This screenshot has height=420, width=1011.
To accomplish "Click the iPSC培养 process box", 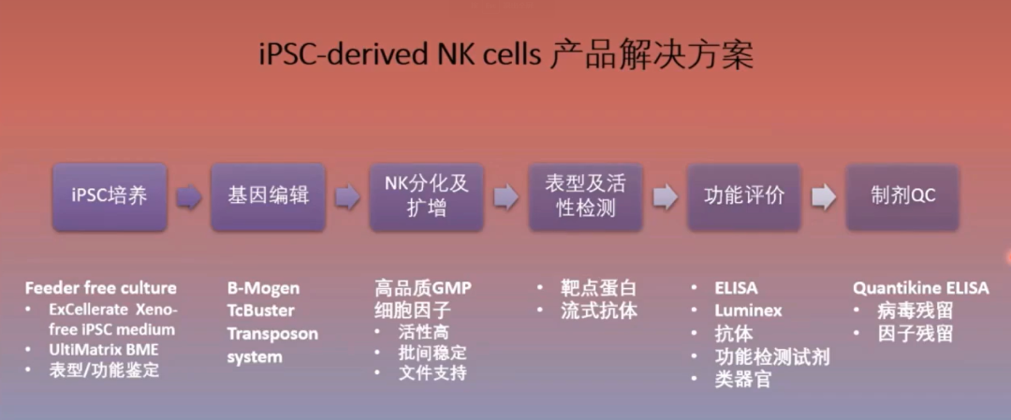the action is (x=110, y=196).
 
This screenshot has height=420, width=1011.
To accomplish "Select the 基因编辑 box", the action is (x=268, y=196).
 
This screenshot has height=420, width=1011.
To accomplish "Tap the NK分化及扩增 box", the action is (x=426, y=196).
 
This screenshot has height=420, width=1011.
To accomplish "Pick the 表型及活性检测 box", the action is (x=585, y=196).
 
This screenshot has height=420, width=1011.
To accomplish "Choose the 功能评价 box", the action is (x=744, y=196).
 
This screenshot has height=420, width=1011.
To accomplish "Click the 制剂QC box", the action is (x=902, y=196).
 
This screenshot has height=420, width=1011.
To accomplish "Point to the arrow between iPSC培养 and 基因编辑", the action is (x=189, y=197).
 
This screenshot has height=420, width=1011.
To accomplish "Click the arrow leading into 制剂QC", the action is (x=824, y=197).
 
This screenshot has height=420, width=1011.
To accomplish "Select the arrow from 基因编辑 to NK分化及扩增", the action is (x=347, y=197).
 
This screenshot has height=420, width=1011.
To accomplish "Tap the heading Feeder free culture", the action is (x=100, y=288).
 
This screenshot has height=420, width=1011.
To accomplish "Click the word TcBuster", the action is (x=260, y=311).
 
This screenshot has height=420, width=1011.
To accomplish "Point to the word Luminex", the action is (x=748, y=311).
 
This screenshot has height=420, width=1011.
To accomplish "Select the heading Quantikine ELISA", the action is (x=921, y=288).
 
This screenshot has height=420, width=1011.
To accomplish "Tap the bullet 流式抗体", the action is (x=599, y=311).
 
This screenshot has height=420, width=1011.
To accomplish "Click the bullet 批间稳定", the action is (x=432, y=353).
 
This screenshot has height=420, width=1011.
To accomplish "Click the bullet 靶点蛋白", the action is (x=599, y=288).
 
